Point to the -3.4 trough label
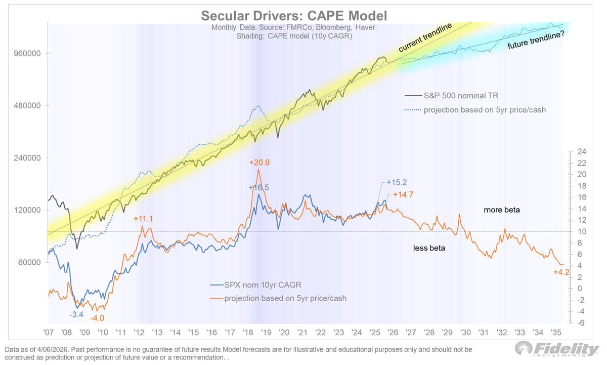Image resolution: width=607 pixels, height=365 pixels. (x=76, y=314)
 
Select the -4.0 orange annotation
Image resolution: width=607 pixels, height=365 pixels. (x=97, y=318)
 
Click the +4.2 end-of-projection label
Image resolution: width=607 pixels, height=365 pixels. (x=561, y=272)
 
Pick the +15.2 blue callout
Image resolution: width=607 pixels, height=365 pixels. (x=396, y=182)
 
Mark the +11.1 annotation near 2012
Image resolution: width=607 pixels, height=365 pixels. (x=143, y=219)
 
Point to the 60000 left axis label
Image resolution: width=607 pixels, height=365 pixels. (x=28, y=263)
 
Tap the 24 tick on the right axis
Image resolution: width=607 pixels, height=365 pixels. (x=582, y=151)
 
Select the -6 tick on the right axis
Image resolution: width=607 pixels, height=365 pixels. (x=582, y=322)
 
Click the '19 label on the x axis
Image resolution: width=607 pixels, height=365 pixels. (x=266, y=333)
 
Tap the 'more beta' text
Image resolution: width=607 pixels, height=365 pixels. (x=502, y=210)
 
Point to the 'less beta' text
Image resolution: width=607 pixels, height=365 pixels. (x=429, y=249)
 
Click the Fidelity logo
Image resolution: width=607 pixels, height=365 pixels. (x=556, y=349)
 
